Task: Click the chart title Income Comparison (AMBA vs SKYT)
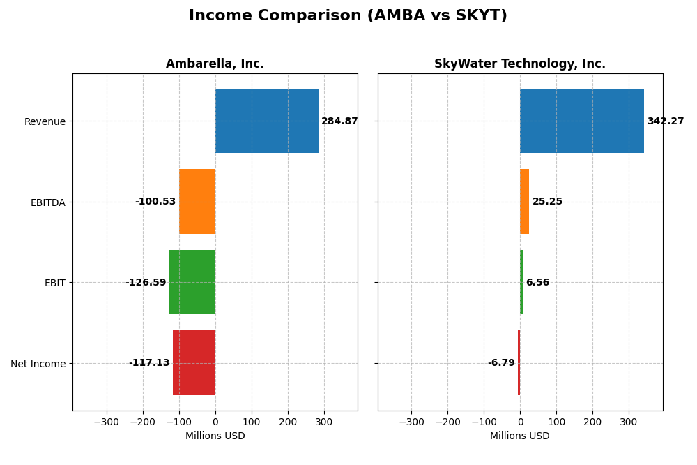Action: pos(348,15)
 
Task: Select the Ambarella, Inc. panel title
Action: pos(215,64)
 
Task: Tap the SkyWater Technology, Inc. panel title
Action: pos(519,64)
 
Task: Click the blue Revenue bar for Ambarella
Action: pos(266,121)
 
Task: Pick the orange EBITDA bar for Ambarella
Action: pos(197,201)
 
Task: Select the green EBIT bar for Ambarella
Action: pos(192,282)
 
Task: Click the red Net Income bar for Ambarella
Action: pos(194,362)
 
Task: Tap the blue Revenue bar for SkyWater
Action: pos(581,121)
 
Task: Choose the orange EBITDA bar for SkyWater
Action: pos(524,201)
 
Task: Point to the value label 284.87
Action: pos(339,121)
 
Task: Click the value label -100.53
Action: pos(155,202)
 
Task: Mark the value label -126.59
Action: pos(146,283)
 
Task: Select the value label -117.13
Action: pos(149,363)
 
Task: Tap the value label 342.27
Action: pos(665,121)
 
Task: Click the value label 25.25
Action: pos(547,202)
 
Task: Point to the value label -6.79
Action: pos(501,363)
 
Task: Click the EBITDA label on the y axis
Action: pos(47,202)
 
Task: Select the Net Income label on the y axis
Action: pos(38,364)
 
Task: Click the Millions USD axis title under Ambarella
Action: pos(215,436)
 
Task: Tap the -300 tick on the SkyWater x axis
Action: pos(411,422)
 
